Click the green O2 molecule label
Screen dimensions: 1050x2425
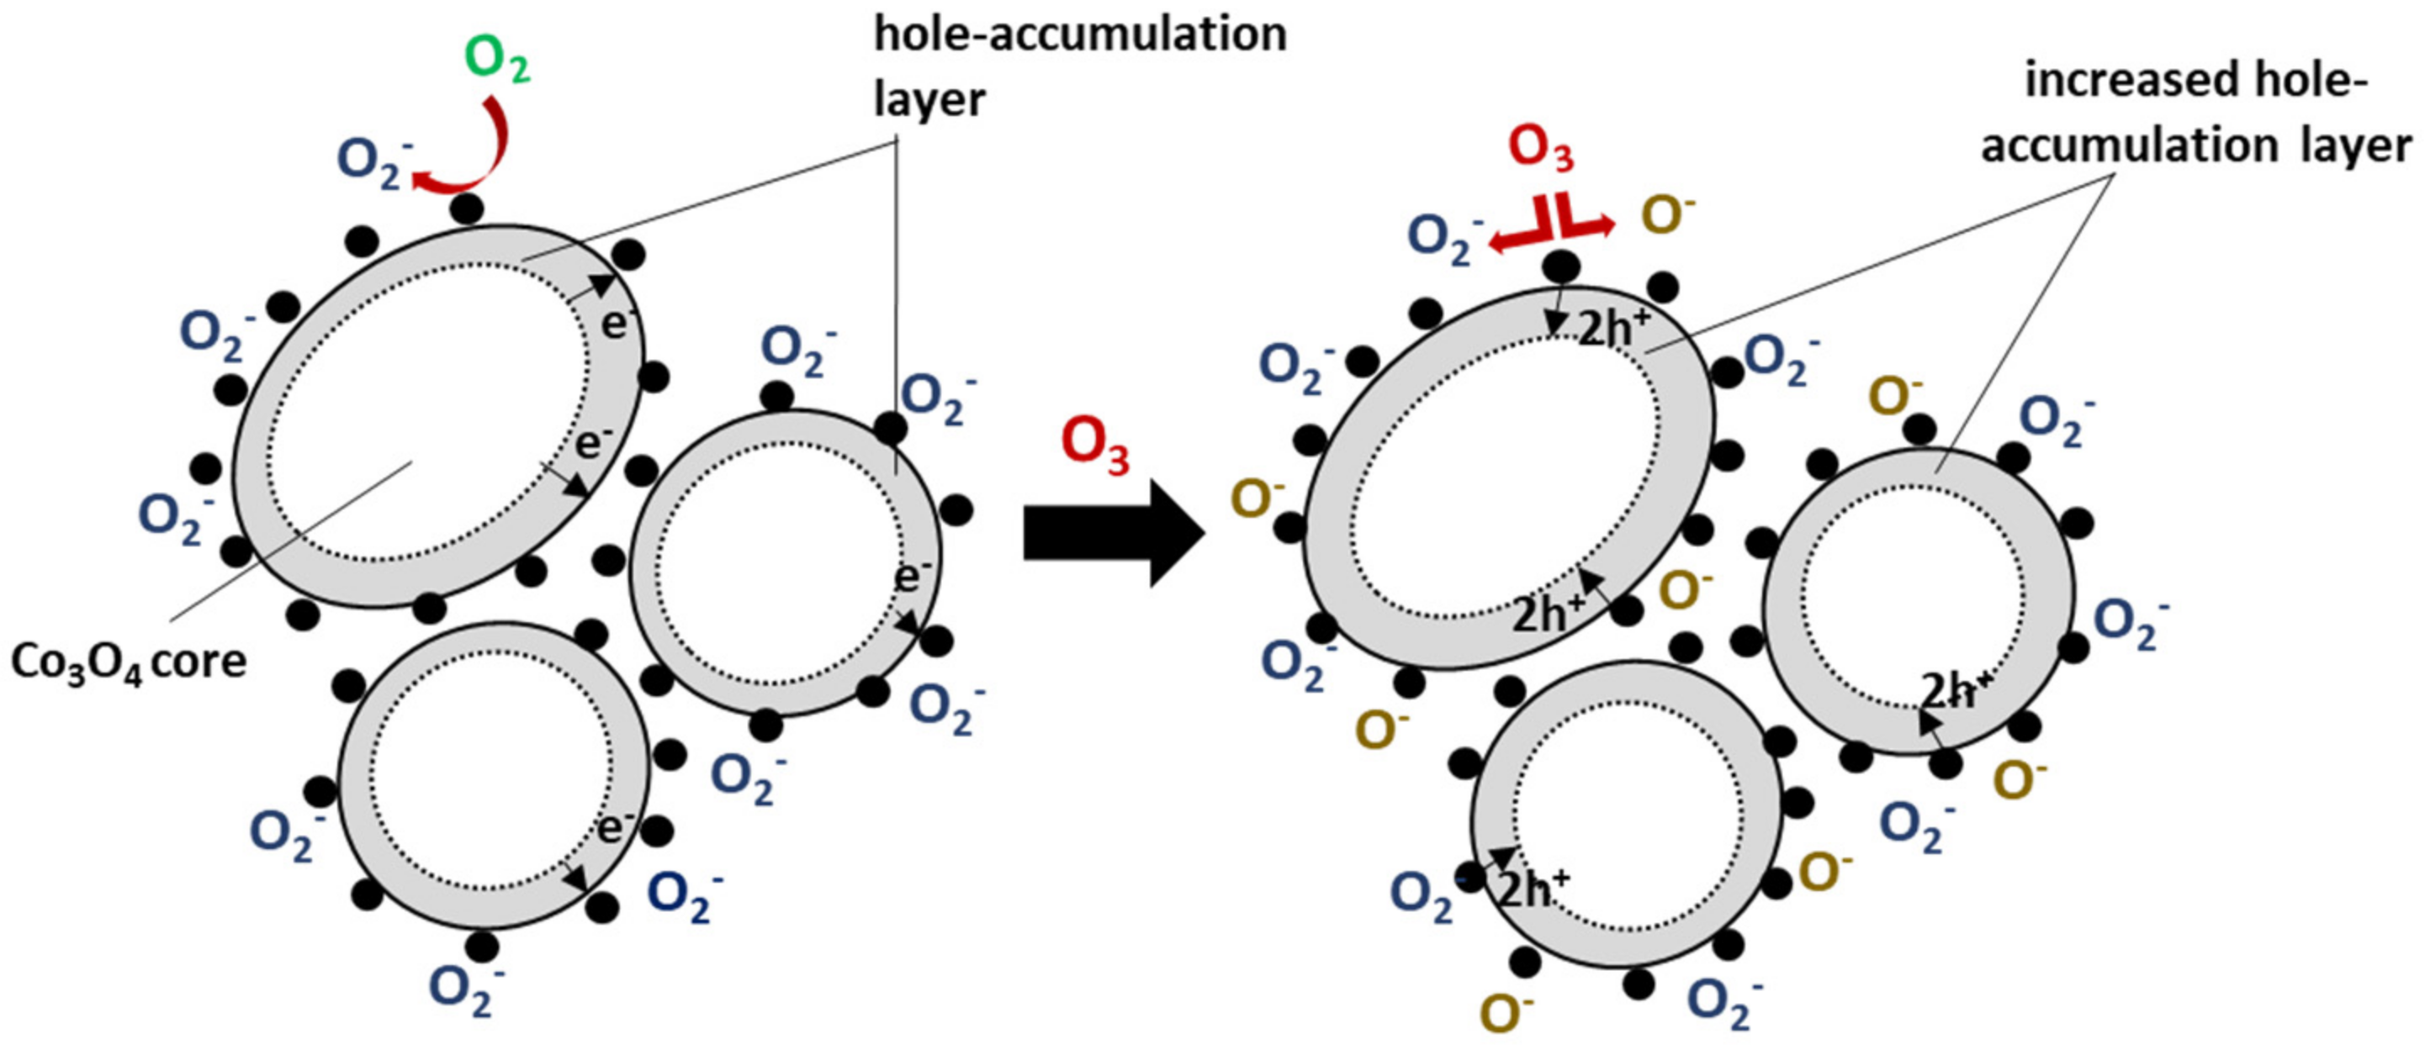tap(497, 62)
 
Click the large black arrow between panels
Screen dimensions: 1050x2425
tap(1111, 534)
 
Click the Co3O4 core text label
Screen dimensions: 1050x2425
tap(128, 662)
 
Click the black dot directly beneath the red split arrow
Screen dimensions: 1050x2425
tap(1561, 267)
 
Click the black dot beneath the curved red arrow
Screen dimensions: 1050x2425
tap(465, 208)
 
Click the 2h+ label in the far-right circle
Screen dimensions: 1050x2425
tap(1956, 693)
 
